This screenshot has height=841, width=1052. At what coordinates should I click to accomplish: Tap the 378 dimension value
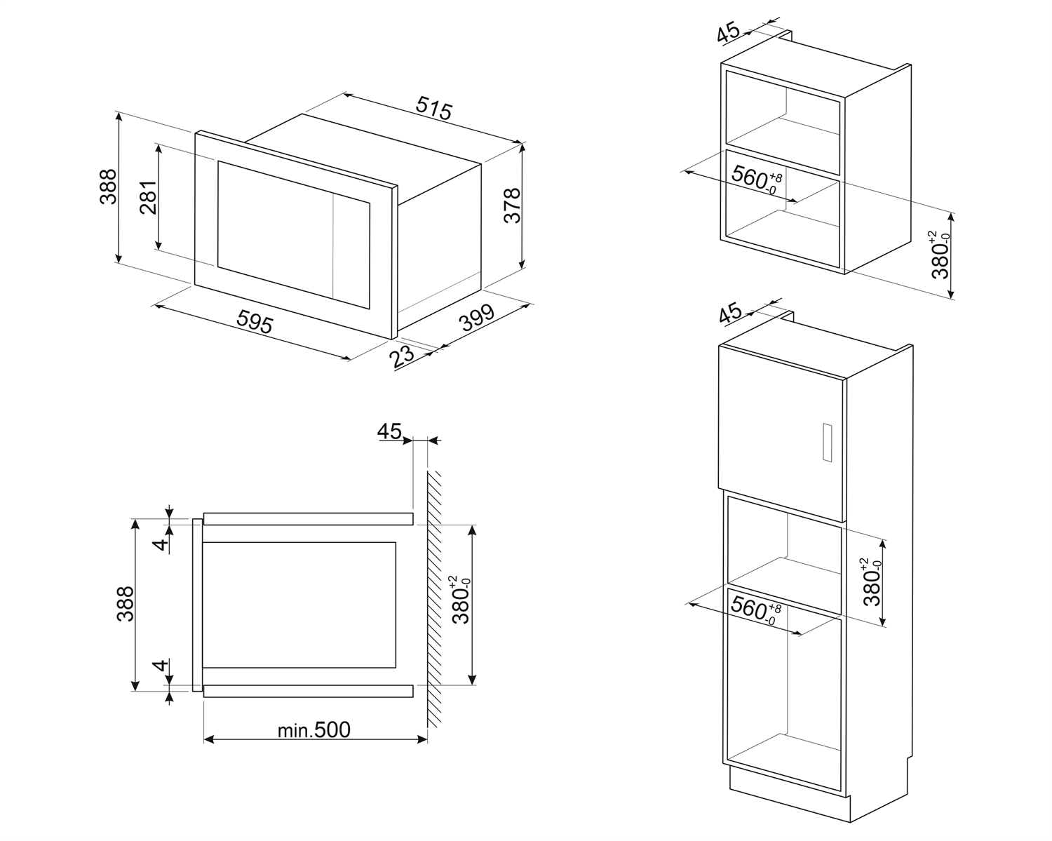(513, 205)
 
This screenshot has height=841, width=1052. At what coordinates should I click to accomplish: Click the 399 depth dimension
(478, 318)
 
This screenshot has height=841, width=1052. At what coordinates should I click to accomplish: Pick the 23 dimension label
(403, 356)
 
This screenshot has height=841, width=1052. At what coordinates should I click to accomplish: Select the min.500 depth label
(313, 730)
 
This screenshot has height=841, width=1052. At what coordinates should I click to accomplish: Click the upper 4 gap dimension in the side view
(161, 544)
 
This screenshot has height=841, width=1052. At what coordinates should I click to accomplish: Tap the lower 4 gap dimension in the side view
(161, 666)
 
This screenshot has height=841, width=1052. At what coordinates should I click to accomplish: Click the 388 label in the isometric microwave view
(108, 187)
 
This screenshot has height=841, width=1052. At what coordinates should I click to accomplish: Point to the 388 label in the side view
(126, 604)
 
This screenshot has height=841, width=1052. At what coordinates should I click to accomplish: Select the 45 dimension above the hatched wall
(389, 431)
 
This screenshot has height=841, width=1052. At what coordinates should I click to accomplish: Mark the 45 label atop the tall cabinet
(731, 314)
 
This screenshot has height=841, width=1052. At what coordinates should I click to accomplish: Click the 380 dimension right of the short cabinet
(940, 256)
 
